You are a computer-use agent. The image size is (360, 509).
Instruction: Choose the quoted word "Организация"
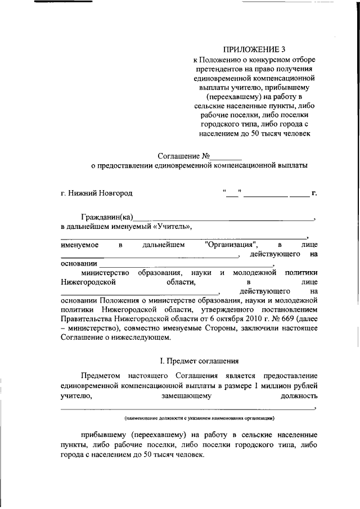(232, 245)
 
